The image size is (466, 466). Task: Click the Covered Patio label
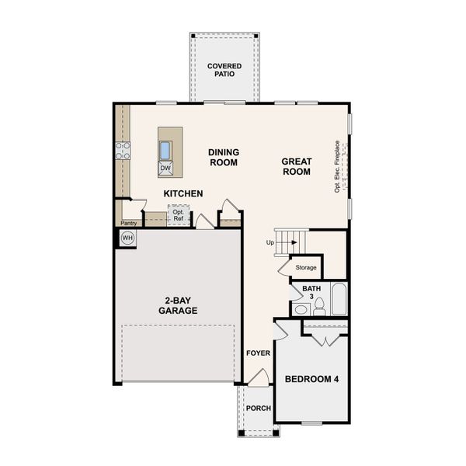(x=224, y=71)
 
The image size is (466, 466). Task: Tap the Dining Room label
(x=223, y=157)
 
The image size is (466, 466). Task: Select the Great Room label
(x=297, y=166)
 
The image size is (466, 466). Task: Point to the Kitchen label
(x=183, y=193)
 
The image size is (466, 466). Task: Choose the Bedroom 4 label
(x=311, y=379)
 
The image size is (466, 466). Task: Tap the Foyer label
(x=258, y=353)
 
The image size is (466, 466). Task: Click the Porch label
(x=257, y=409)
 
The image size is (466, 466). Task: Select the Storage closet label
(x=306, y=268)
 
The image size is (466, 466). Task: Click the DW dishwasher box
(x=165, y=168)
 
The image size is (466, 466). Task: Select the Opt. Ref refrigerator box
(x=179, y=214)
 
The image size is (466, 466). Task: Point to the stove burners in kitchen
(x=122, y=151)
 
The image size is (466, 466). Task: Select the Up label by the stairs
(x=270, y=242)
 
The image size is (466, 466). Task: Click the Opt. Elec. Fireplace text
(x=338, y=166)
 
